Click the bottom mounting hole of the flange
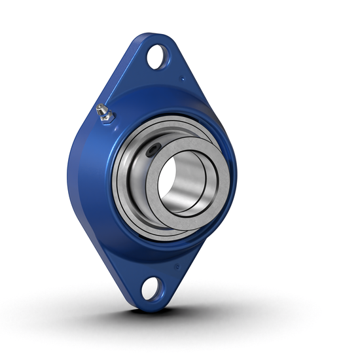(149, 287)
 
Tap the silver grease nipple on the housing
(103, 112)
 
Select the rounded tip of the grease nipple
(99, 108)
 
